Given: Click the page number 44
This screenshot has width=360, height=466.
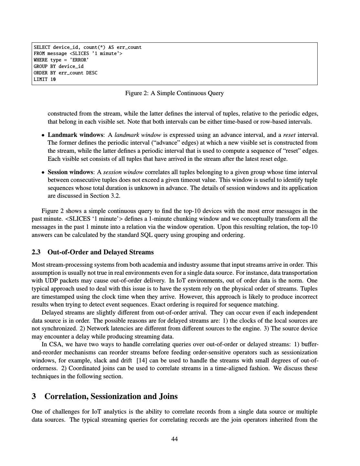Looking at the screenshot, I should (175, 439).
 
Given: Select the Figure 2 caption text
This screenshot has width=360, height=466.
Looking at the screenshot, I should (174, 93).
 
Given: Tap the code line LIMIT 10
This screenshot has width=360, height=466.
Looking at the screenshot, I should (45, 79).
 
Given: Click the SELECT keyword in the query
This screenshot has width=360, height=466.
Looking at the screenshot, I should (42, 47).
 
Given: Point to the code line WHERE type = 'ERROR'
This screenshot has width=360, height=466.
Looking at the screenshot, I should (61, 60).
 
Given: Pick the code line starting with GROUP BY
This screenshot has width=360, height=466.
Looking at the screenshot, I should (59, 66).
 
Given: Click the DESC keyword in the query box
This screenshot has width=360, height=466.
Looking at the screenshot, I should (92, 73).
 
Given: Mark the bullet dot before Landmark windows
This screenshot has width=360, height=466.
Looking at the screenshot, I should (43, 135).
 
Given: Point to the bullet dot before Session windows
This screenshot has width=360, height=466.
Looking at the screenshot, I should (43, 172).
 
